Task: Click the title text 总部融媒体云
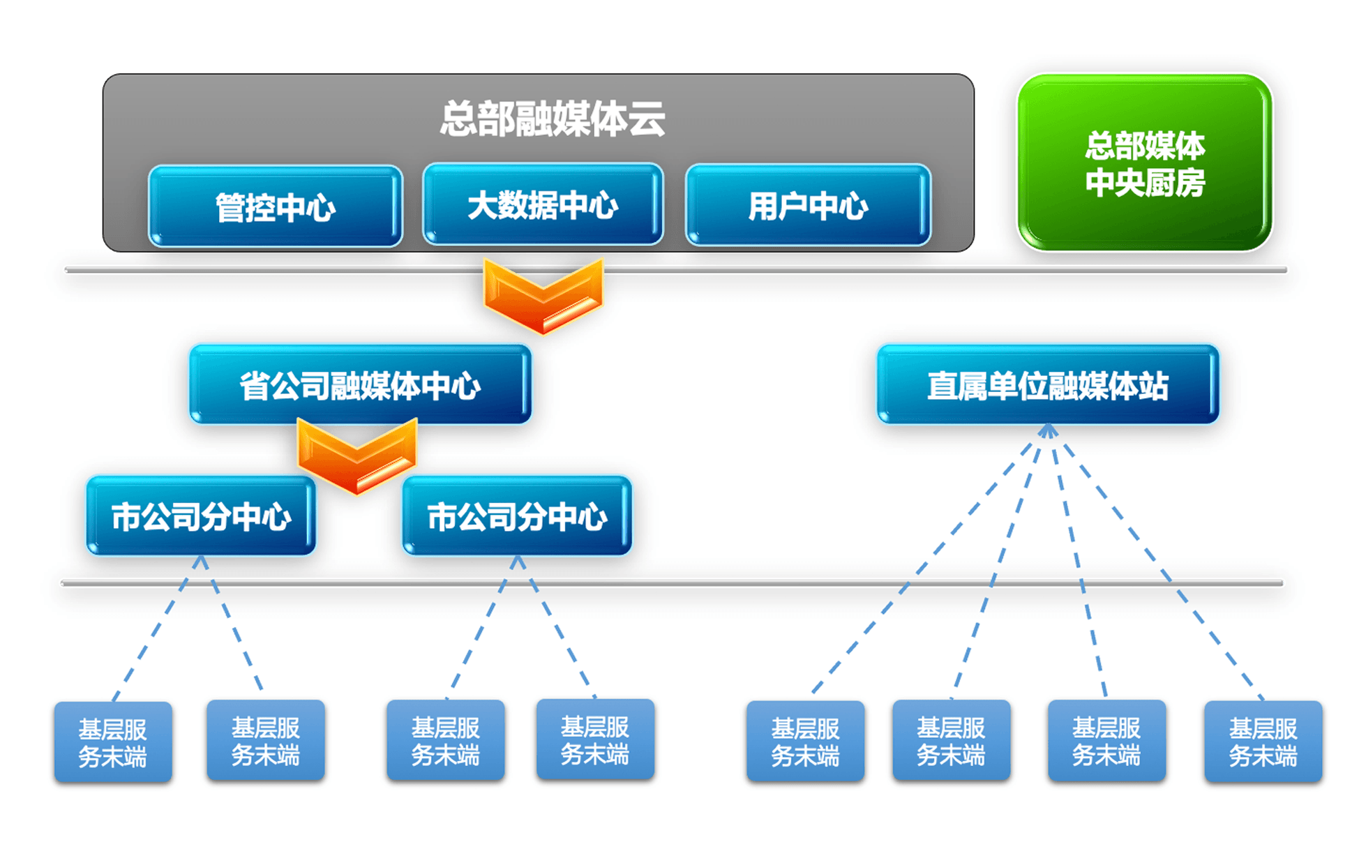pos(553,119)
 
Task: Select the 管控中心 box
pos(276,206)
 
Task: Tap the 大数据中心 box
pos(543,204)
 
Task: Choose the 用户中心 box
pos(808,205)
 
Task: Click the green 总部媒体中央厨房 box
pos(1145,163)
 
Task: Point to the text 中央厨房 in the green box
pos(1145,182)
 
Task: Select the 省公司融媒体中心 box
pos(360,384)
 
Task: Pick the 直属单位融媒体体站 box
pos(1048,384)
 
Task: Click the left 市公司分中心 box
pos(201,516)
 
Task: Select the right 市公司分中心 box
pos(517,516)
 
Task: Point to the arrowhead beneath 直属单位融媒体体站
pos(1048,430)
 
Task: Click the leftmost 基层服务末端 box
pos(113,742)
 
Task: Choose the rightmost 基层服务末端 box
pos(1263,742)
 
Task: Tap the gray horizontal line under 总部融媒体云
pos(676,270)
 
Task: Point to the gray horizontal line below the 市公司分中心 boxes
pos(672,582)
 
